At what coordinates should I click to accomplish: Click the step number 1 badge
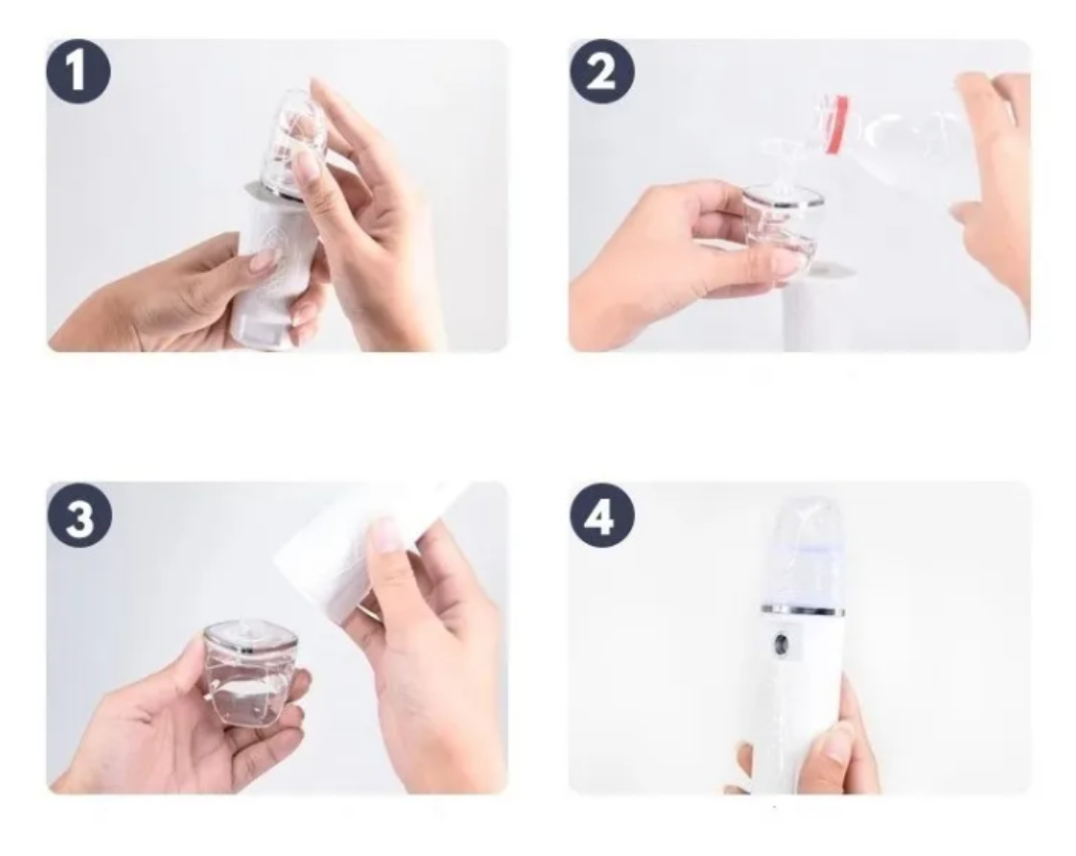point(78,72)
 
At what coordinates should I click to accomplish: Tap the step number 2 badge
point(602,72)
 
